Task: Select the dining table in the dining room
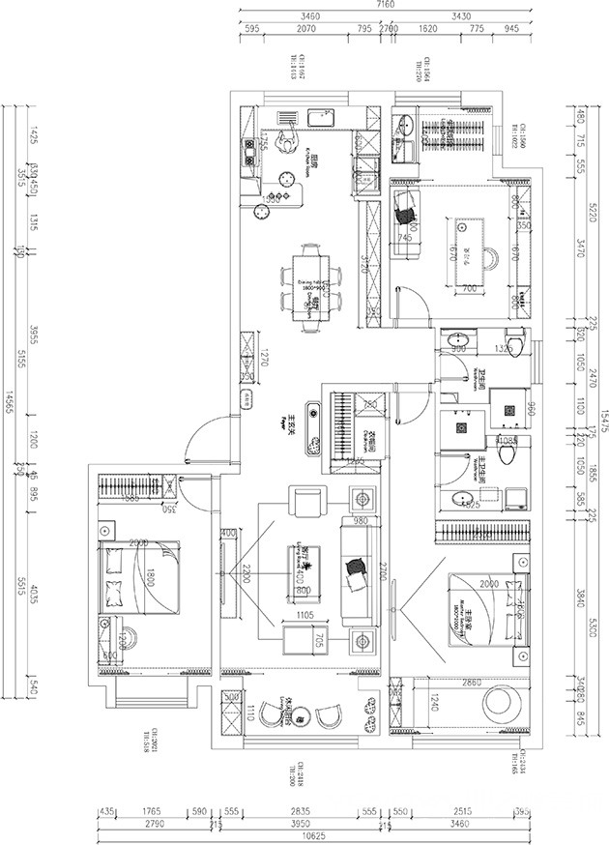pos(311,284)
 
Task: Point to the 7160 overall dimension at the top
pos(386,5)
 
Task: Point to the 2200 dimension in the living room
pos(247,572)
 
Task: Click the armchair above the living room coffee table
pos(308,504)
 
